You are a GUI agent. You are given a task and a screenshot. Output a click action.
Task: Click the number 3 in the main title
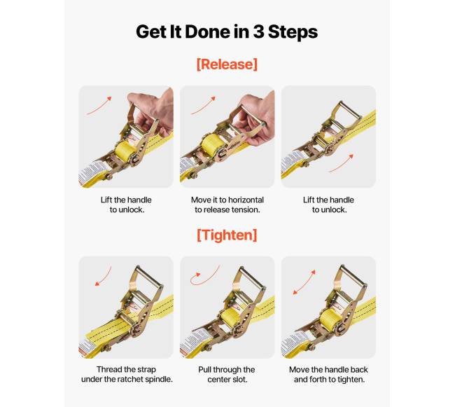click(258, 32)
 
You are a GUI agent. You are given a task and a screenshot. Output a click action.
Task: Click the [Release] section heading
click(227, 64)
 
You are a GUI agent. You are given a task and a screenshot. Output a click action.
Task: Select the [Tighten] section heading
click(227, 235)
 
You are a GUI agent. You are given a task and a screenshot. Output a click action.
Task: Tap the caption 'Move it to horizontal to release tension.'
click(227, 205)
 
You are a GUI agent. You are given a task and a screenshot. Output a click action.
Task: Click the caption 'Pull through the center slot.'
click(227, 375)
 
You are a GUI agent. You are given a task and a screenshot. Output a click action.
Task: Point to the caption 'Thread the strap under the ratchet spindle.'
click(127, 374)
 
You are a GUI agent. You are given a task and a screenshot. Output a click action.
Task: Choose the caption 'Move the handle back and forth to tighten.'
click(329, 375)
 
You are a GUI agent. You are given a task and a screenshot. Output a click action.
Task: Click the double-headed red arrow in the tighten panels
click(304, 282)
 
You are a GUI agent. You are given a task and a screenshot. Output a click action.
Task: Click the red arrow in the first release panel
click(100, 106)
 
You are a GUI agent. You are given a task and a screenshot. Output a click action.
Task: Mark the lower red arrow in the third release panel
click(342, 164)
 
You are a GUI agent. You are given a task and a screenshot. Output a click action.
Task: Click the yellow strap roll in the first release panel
click(125, 149)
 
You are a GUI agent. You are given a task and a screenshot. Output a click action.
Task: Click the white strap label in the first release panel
click(92, 172)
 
